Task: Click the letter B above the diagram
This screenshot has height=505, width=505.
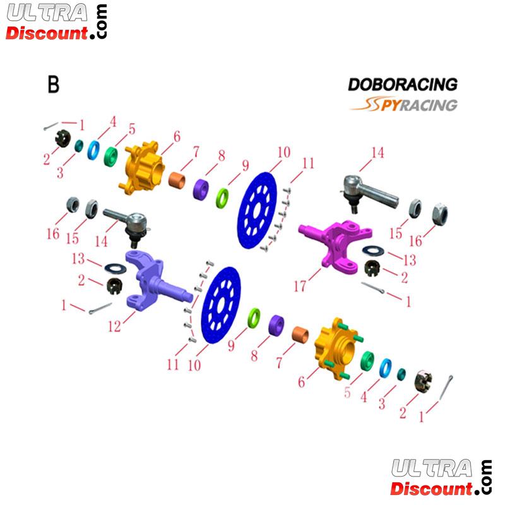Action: pyautogui.click(x=54, y=85)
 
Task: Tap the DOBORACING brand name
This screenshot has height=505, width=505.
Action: pyautogui.click(x=402, y=85)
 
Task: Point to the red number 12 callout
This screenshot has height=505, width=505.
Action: pyautogui.click(x=114, y=326)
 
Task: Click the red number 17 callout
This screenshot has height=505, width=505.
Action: pyautogui.click(x=300, y=286)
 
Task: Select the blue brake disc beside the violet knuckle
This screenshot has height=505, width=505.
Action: pyautogui.click(x=221, y=309)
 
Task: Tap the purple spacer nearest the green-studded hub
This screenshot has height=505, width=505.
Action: pyautogui.click(x=276, y=325)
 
